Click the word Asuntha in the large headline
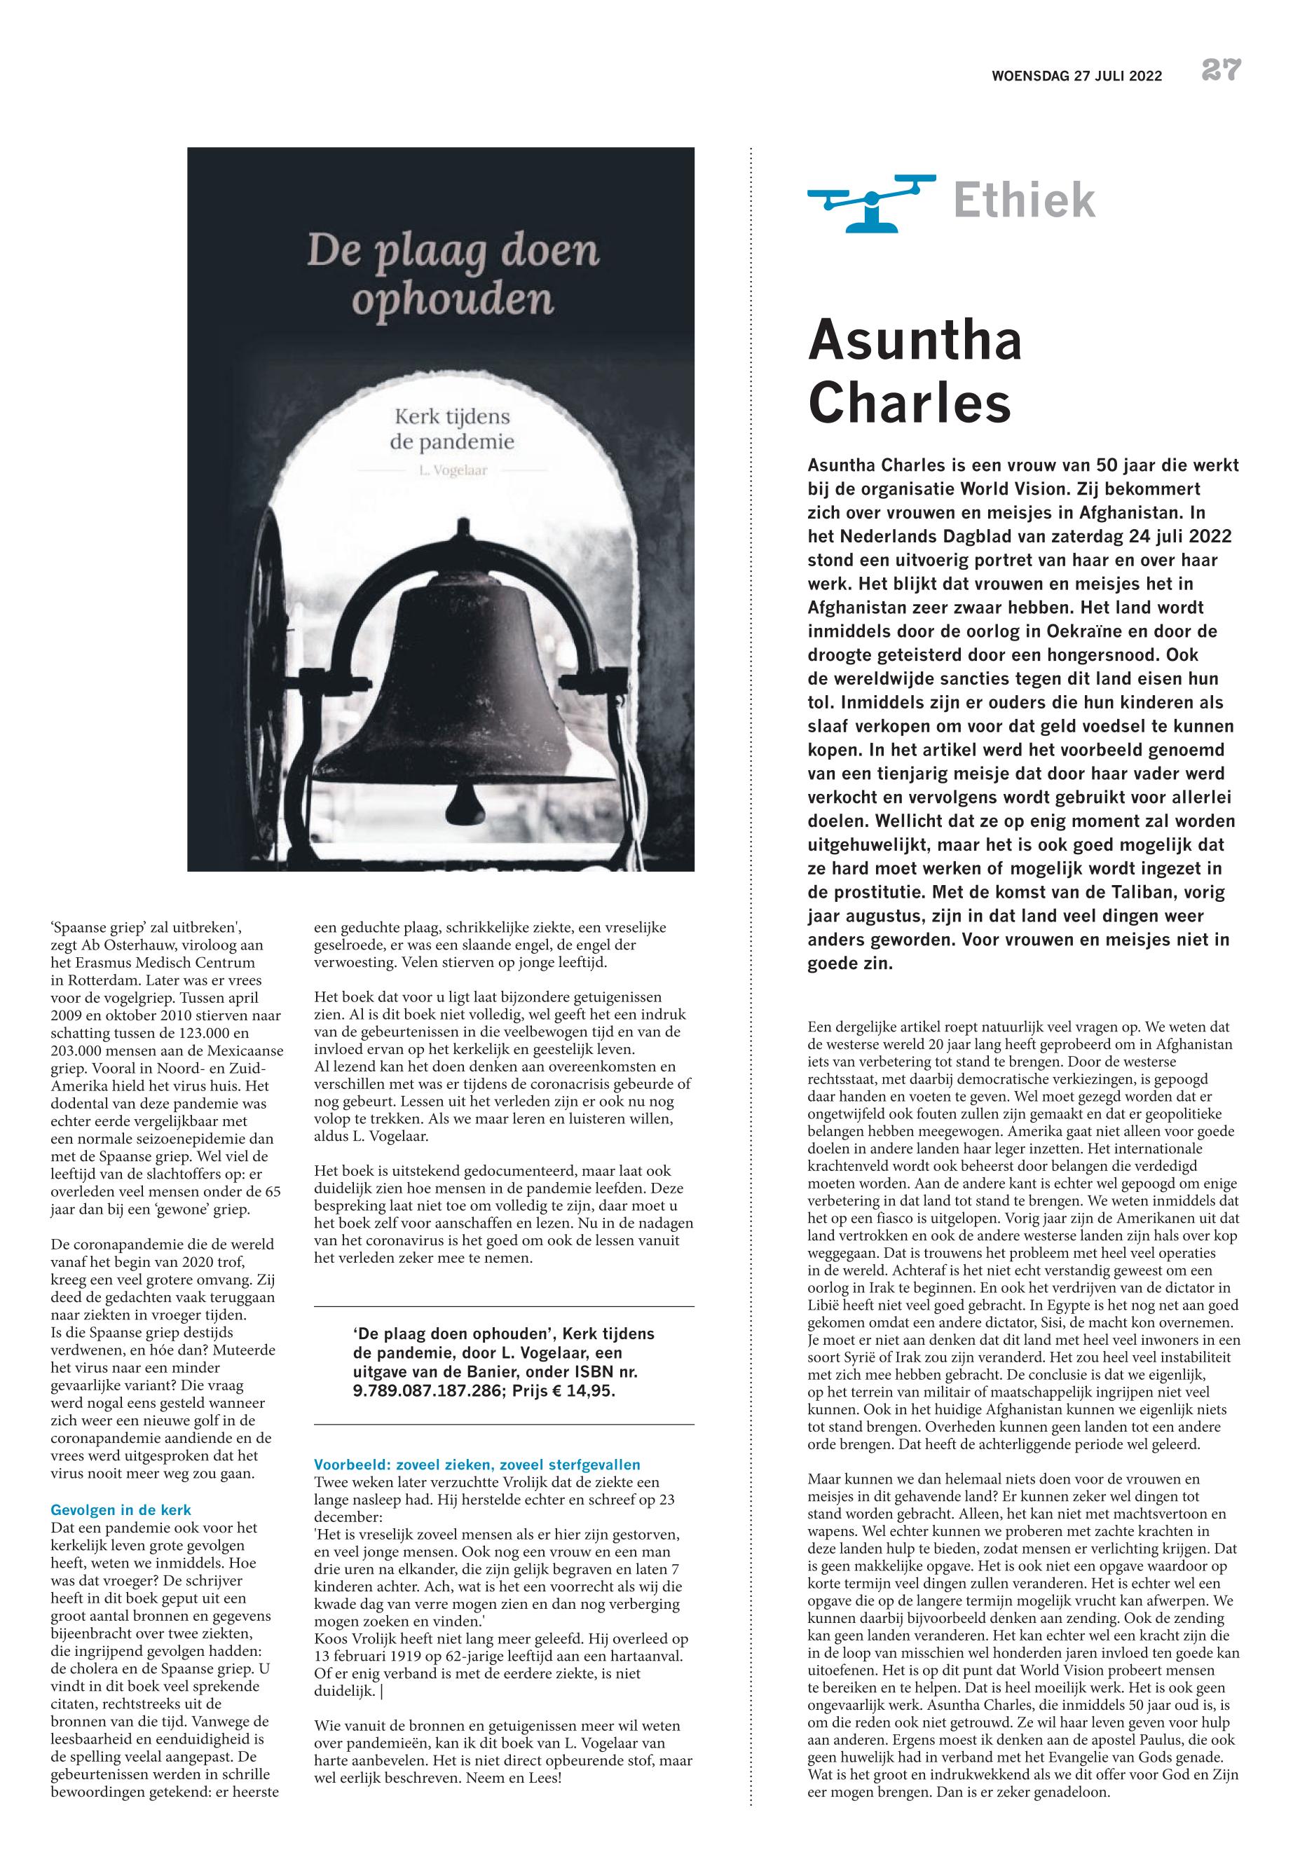[915, 341]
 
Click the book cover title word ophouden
[453, 300]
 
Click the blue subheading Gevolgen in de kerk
[121, 1510]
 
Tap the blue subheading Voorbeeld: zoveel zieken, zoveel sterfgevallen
[477, 1464]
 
